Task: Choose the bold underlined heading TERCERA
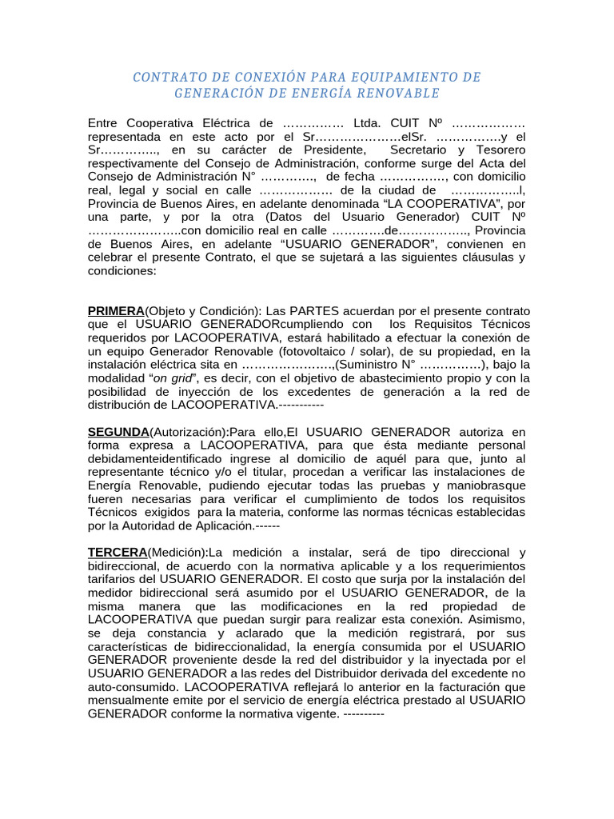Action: coord(117,553)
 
